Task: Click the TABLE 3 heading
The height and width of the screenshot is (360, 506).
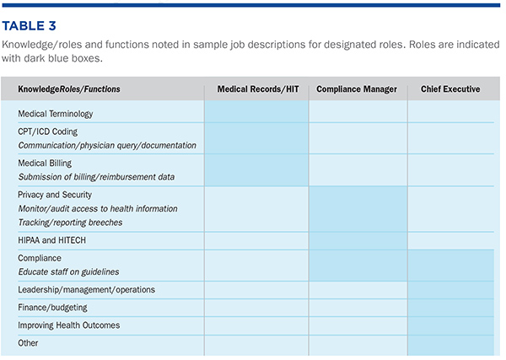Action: (29, 26)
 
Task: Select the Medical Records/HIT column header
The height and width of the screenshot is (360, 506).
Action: (258, 89)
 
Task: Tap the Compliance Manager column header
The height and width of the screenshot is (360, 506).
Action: (357, 89)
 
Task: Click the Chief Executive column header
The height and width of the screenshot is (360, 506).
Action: (450, 89)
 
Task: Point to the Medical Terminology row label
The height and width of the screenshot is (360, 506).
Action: (55, 114)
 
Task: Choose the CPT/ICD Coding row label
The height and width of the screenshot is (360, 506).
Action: (48, 132)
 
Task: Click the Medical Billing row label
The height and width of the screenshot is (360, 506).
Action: (45, 164)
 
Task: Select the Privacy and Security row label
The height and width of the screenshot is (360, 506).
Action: (55, 195)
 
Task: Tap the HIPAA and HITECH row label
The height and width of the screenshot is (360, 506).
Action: (52, 240)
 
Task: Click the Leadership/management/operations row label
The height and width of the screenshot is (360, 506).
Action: (87, 290)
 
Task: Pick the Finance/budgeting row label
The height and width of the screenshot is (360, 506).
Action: (52, 308)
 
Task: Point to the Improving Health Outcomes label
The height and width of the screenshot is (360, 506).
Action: (69, 325)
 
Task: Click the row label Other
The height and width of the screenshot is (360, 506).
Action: (28, 343)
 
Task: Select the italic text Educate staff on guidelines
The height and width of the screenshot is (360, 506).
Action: (68, 272)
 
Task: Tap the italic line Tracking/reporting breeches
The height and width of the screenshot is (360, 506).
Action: (70, 223)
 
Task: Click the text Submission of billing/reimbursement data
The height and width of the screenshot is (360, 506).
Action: (96, 177)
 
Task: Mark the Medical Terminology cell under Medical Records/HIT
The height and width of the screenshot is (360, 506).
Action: (256, 111)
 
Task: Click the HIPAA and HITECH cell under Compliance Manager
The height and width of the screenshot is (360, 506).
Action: (358, 240)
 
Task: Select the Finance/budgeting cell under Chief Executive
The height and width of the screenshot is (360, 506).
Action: (451, 308)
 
